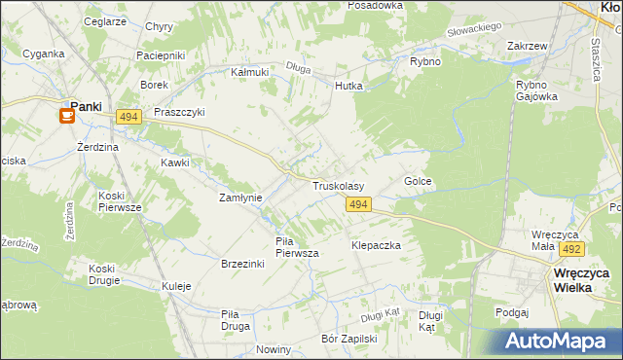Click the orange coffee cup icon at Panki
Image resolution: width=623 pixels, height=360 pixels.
pos(67,116)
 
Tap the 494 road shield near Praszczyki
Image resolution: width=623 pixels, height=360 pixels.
pos(128,117)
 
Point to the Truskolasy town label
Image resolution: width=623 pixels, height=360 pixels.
pos(338,186)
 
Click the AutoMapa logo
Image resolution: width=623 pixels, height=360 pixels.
pos(559,342)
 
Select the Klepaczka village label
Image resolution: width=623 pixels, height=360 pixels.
pos(377,246)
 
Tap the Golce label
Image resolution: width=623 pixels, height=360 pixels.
pos(418,182)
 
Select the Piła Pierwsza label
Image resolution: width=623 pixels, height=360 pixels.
pos(298,247)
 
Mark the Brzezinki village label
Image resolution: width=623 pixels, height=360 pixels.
pos(243,265)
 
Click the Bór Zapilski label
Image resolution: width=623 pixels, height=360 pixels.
pos(348,340)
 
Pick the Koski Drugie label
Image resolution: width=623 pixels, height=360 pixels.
pos(102,274)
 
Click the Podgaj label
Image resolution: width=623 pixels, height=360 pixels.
pos(510,312)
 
